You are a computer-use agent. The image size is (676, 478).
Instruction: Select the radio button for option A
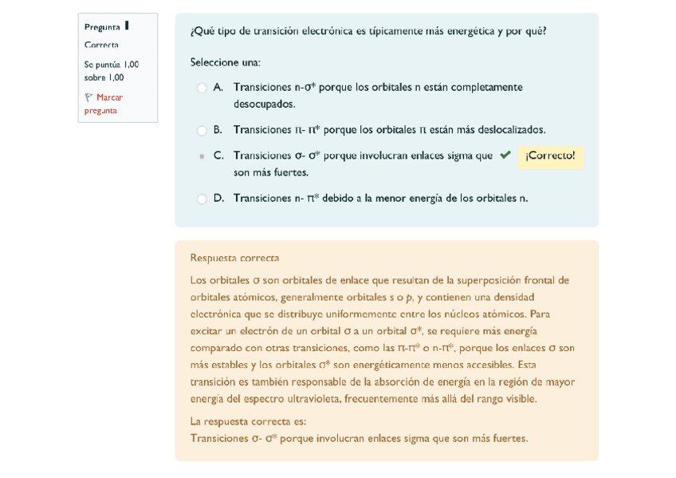(x=202, y=88)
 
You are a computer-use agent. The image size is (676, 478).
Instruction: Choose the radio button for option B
(x=202, y=130)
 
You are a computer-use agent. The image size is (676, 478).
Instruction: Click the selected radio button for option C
(x=202, y=156)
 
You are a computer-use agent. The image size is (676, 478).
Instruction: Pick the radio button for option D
(x=202, y=199)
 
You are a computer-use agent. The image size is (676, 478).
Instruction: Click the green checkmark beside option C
(x=505, y=156)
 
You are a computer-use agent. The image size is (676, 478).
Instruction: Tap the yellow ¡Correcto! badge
(x=550, y=156)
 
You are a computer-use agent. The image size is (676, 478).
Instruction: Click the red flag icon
(x=89, y=97)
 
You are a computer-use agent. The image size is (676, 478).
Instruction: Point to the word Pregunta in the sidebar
(x=102, y=27)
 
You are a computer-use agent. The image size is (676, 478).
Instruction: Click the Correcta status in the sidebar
(x=101, y=45)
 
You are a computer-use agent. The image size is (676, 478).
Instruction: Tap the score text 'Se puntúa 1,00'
(x=112, y=65)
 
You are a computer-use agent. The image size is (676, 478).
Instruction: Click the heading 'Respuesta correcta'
(x=234, y=258)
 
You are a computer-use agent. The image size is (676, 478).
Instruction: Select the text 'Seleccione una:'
(x=225, y=62)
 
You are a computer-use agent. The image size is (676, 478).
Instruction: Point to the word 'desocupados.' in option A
(x=264, y=104)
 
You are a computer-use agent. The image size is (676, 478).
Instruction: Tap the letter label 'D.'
(x=219, y=198)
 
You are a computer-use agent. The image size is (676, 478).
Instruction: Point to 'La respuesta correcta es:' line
(x=248, y=421)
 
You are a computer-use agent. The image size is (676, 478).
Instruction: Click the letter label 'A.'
(x=218, y=87)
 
